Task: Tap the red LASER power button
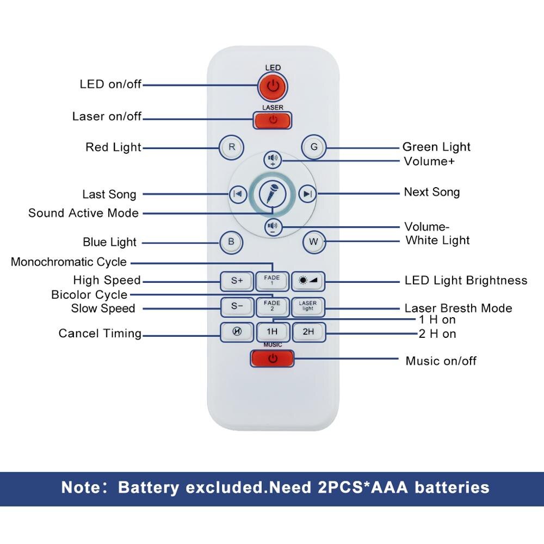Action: (x=273, y=120)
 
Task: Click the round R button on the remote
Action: (x=232, y=147)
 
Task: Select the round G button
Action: (x=313, y=147)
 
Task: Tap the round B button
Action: (x=231, y=242)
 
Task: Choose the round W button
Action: (x=313, y=242)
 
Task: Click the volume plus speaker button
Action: (x=273, y=160)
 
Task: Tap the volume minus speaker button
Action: (x=273, y=227)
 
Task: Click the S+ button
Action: (x=237, y=281)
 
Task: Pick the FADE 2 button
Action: (x=272, y=306)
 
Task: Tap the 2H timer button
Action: (x=308, y=332)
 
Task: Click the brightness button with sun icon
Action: (x=308, y=281)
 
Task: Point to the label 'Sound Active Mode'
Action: (x=83, y=213)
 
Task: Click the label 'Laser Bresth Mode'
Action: (x=458, y=308)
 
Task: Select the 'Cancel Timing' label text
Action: (x=100, y=333)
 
